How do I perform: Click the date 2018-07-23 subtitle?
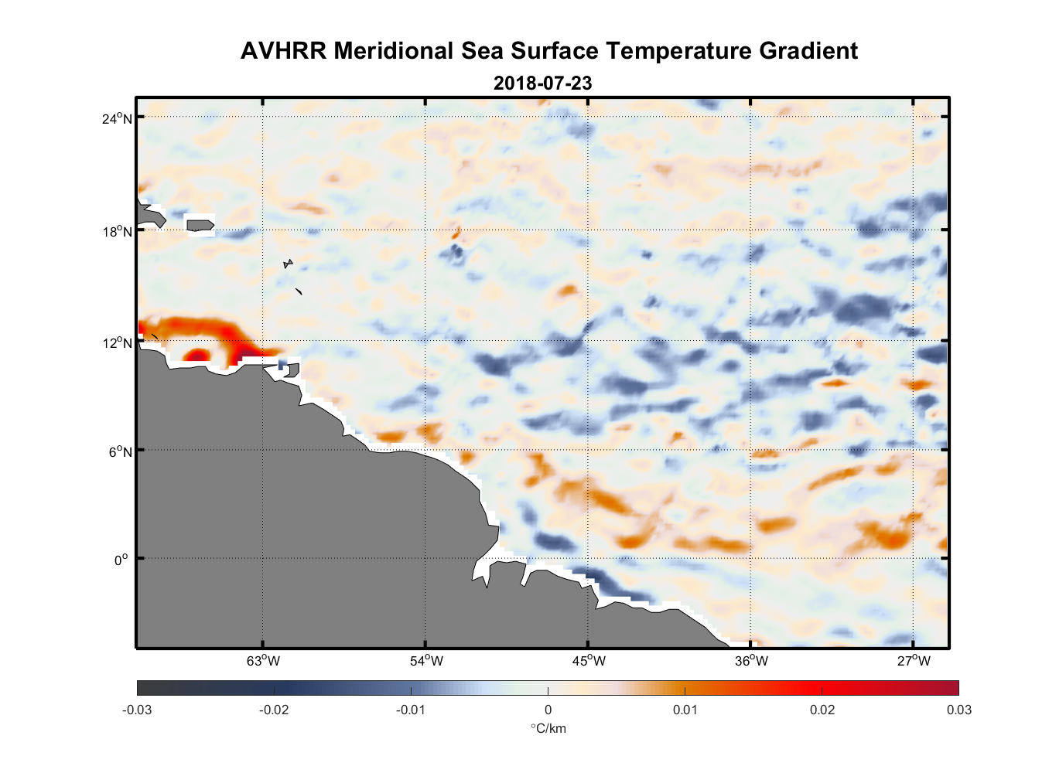click(542, 83)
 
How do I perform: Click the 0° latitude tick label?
click(121, 560)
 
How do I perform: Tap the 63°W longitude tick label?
click(263, 661)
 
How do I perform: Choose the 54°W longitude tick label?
click(426, 661)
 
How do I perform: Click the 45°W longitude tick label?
click(589, 661)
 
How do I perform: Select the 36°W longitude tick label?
click(751, 661)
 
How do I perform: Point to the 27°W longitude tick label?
click(914, 661)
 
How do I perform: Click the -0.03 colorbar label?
click(137, 710)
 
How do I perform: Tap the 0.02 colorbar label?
click(822, 710)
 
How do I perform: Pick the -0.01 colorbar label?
click(410, 710)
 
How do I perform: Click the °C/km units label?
click(548, 729)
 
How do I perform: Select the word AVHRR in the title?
click(283, 51)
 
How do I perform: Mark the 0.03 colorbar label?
click(958, 710)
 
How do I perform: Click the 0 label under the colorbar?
click(548, 710)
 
